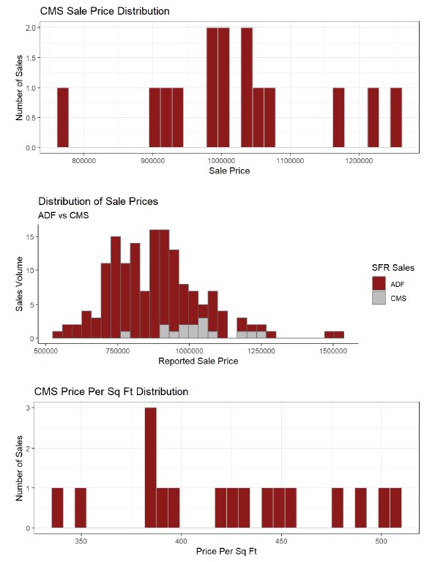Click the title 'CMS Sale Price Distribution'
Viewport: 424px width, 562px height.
[105, 11]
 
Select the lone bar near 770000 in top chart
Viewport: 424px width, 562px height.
[63, 118]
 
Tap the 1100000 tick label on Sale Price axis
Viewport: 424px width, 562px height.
[290, 161]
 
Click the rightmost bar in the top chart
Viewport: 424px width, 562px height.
[396, 118]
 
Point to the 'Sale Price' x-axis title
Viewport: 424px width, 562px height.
[229, 171]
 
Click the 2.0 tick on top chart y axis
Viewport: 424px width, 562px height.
[31, 28]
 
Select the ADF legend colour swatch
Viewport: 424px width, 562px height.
[379, 283]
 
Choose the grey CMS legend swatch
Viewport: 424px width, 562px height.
[379, 299]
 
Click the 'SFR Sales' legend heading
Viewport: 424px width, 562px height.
[393, 268]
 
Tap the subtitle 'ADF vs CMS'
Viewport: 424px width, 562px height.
[64, 215]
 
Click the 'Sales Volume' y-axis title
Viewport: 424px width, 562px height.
[19, 284]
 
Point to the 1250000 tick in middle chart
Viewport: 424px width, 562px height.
[261, 351]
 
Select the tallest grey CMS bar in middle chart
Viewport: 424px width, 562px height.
[203, 328]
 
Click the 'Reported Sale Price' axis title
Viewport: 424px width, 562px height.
[198, 361]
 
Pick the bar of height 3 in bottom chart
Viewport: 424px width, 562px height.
[151, 468]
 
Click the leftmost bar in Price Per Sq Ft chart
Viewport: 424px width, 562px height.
[57, 508]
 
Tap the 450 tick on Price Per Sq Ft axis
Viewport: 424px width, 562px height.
[281, 542]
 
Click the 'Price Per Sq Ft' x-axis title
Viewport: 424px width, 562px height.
[226, 551]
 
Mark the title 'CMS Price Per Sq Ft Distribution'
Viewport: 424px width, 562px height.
[111, 391]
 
